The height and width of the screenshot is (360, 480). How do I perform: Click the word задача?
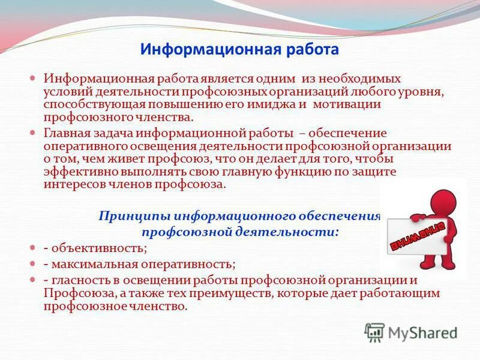113,133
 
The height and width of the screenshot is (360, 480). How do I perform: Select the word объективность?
98,247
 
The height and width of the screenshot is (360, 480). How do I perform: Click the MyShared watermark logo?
410,332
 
